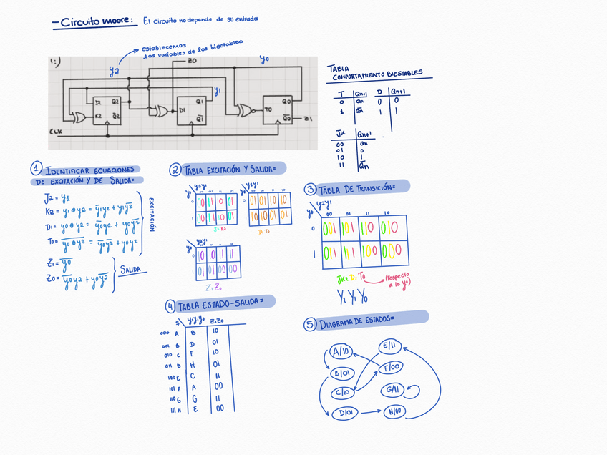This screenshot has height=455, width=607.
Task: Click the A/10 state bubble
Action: [x=341, y=352]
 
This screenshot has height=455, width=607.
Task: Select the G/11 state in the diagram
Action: [x=392, y=391]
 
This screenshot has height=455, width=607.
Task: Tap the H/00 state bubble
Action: [x=395, y=411]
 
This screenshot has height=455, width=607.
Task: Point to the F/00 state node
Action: [x=392, y=368]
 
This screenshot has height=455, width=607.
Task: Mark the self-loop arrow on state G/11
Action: [x=412, y=391]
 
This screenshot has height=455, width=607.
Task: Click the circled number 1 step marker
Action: [x=36, y=168]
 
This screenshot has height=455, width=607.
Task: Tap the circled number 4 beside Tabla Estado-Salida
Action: [x=170, y=306]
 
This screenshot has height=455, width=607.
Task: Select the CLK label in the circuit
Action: [x=55, y=132]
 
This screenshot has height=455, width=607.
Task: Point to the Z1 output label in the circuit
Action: [x=309, y=118]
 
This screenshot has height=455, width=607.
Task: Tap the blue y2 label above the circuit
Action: [x=114, y=71]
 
